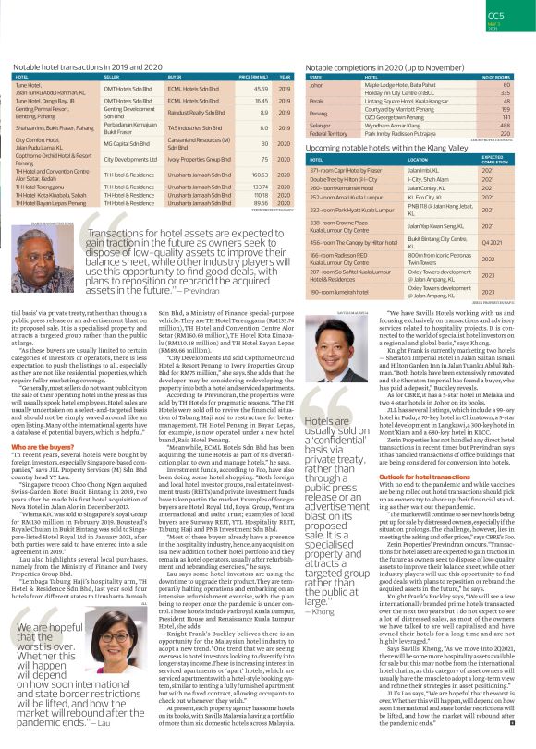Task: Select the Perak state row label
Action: (x=315, y=101)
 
